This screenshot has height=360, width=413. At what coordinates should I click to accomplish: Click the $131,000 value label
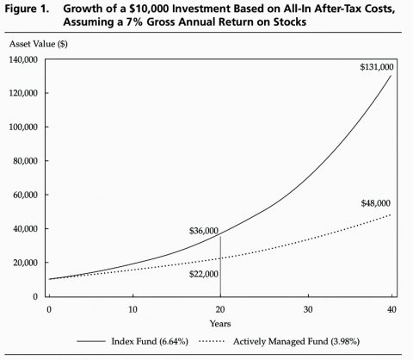[x=377, y=67]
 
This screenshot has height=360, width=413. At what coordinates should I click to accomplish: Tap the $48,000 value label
[x=376, y=203]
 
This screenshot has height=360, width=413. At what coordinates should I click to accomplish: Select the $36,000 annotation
[x=204, y=231]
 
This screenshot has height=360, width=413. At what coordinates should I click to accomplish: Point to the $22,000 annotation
[x=204, y=274]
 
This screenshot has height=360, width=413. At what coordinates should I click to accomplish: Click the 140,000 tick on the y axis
[x=23, y=59]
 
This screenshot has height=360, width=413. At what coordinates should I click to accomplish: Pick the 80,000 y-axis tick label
[x=25, y=161]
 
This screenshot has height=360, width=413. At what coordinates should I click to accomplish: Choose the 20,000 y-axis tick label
[x=25, y=263]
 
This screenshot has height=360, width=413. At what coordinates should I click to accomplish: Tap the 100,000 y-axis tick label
[x=23, y=127]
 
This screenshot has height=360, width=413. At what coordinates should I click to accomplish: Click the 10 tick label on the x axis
[x=133, y=309]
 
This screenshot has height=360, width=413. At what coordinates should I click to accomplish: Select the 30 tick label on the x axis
[x=308, y=309]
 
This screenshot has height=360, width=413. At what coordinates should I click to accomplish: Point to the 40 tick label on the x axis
[x=391, y=309]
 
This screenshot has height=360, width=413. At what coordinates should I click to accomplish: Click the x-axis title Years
[x=220, y=324]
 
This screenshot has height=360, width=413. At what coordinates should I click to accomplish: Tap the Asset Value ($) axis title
[x=39, y=44]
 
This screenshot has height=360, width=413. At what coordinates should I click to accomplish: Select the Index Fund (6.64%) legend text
[x=150, y=341]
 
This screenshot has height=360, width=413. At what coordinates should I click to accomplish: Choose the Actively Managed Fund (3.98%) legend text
[x=296, y=341]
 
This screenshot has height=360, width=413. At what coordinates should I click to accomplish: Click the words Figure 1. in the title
[x=27, y=9]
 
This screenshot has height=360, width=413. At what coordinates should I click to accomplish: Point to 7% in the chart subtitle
[x=134, y=22]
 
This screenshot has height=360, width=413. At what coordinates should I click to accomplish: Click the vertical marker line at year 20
[x=220, y=266]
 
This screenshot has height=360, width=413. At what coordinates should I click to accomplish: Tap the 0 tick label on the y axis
[x=35, y=296]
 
